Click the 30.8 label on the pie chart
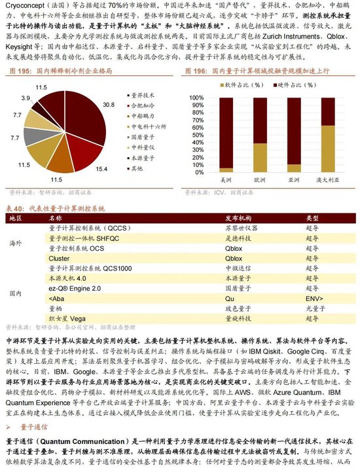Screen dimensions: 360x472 click(x=109, y=105)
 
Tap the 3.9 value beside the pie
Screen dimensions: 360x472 click(x=26, y=97)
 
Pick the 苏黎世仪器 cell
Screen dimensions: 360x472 click(x=237, y=228)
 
